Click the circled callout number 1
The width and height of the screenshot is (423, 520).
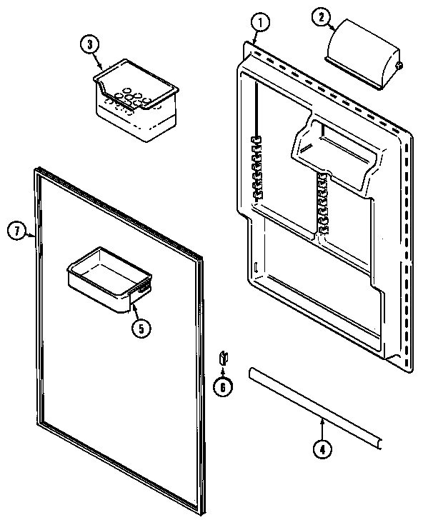[x=261, y=23]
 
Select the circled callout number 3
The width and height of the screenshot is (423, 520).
[x=89, y=44]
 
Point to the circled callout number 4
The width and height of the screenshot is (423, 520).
[x=322, y=449]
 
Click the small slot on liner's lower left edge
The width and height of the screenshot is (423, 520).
[x=254, y=269]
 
